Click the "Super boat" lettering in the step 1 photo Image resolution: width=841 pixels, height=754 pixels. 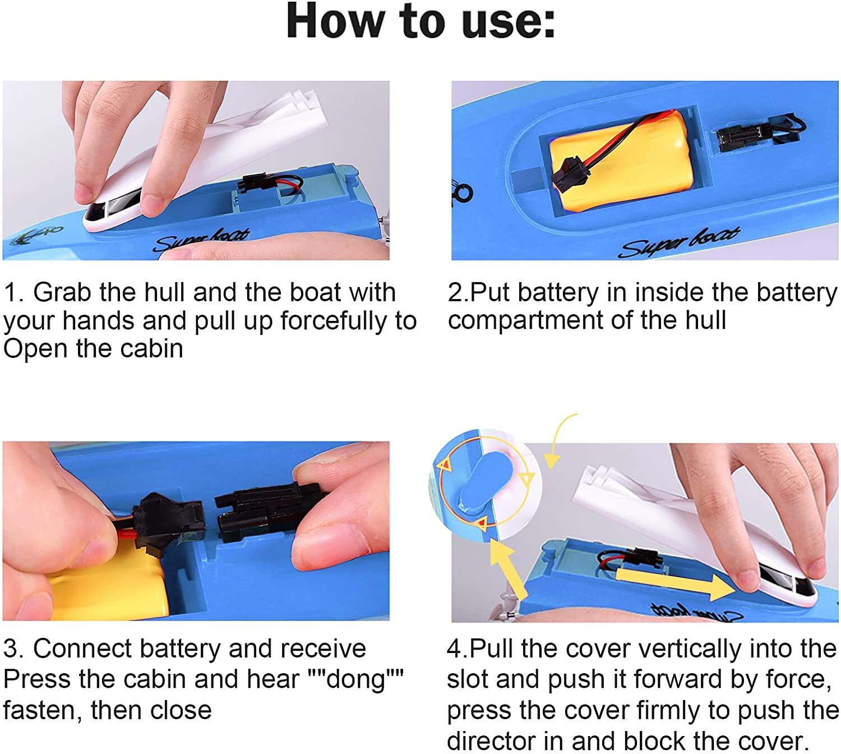point(201,241)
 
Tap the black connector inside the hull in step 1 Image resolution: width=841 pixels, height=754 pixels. point(256,183)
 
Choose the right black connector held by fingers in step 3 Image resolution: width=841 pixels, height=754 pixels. point(266,515)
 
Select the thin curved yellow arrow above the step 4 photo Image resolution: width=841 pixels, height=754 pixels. point(561,440)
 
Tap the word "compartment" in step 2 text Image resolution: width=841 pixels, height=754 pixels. point(528,321)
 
